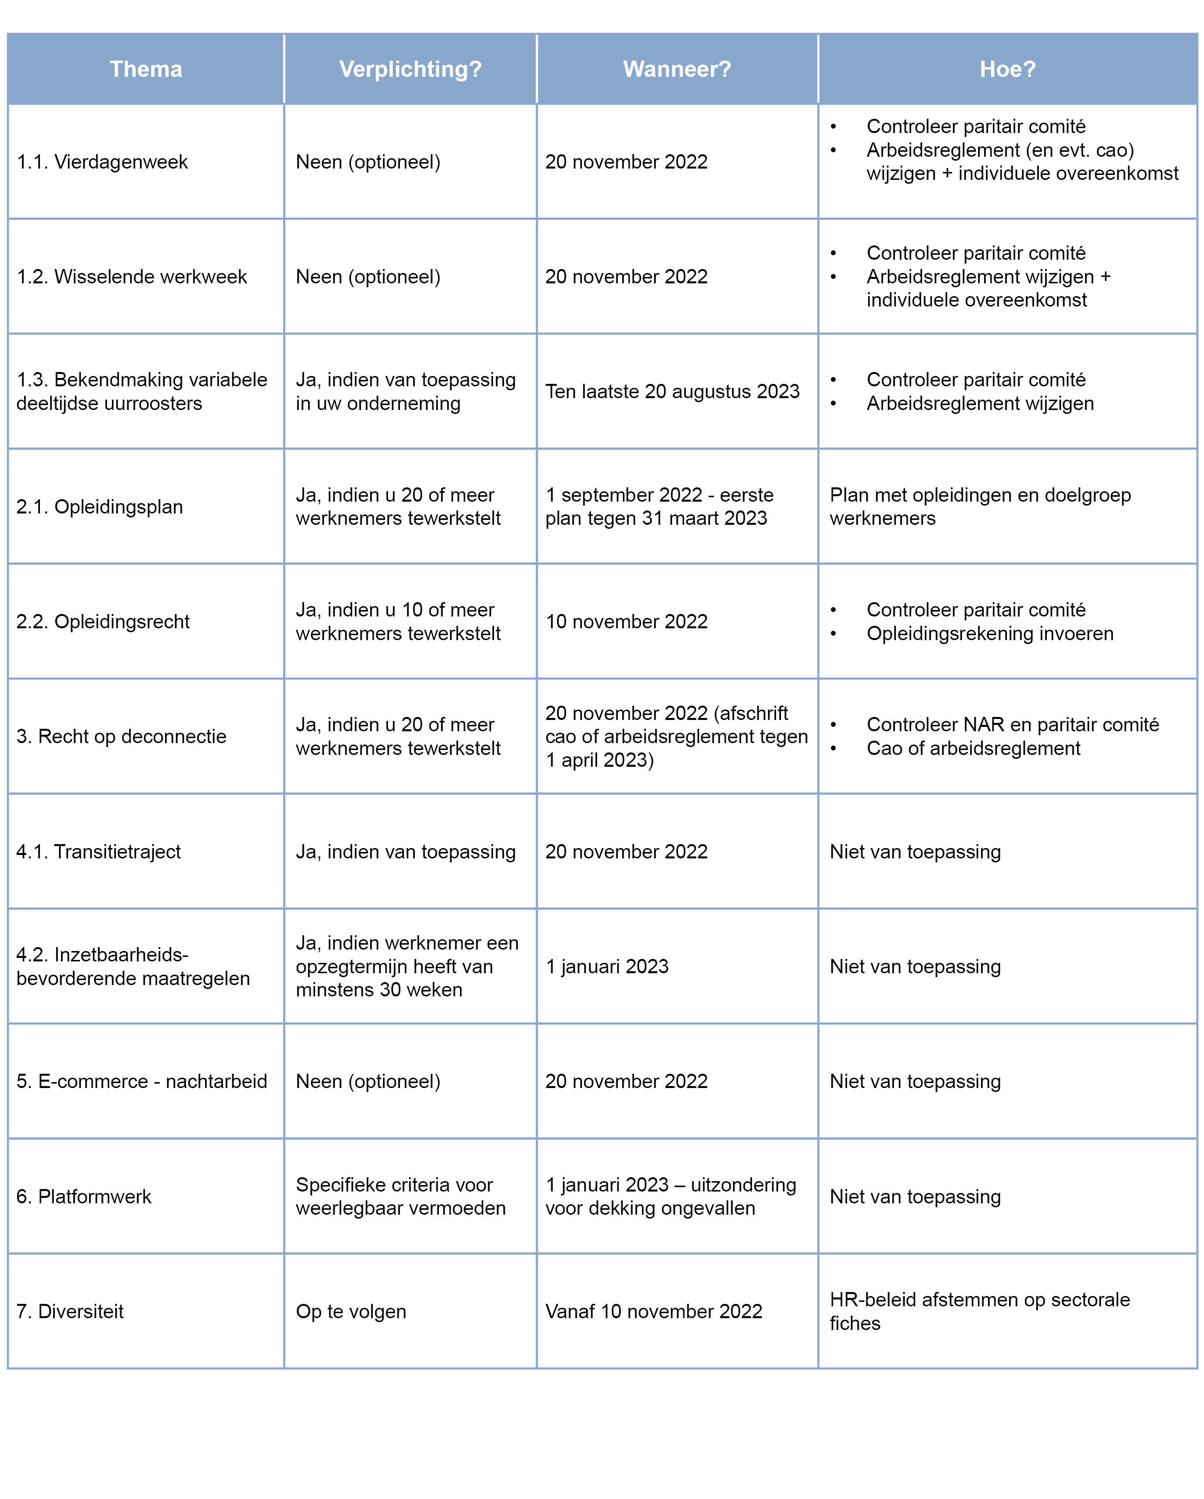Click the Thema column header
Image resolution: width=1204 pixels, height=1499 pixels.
(145, 69)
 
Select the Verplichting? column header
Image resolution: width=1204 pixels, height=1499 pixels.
(410, 69)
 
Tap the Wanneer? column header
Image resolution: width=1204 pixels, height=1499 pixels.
(677, 69)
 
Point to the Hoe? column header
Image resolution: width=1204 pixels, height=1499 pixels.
(1007, 69)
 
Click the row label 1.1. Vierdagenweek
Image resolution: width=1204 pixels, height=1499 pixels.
(102, 162)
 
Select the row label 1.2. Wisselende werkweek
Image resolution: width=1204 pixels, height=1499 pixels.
(132, 277)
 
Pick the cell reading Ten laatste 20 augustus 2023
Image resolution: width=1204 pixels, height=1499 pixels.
(672, 391)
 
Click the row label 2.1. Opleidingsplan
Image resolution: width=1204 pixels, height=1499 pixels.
(100, 507)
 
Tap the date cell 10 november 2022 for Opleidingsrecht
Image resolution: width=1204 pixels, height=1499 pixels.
(626, 621)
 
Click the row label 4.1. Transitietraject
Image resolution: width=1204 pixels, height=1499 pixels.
(98, 852)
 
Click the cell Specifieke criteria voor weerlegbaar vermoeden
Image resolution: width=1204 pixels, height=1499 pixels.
(401, 1196)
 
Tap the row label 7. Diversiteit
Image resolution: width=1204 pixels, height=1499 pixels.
(70, 1311)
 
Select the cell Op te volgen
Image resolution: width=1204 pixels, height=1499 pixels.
(351, 1311)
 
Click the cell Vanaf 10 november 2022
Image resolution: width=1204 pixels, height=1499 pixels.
(653, 1311)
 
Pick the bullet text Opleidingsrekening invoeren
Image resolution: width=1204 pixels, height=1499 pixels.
(989, 633)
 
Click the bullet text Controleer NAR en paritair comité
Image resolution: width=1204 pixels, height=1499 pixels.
(1012, 724)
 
